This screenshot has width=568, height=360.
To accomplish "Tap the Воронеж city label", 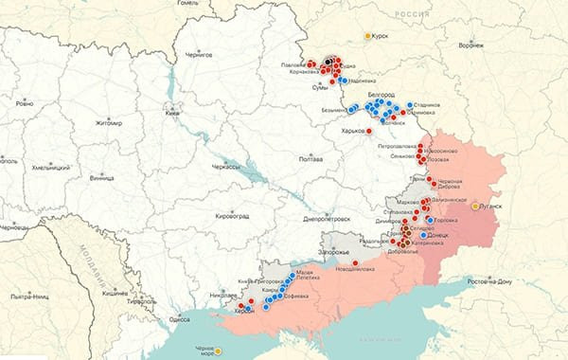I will (470, 45).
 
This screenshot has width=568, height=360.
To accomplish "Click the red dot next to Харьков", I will (369, 131).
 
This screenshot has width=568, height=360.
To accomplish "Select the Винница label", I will (101, 177).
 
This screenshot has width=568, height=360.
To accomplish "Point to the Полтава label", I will (311, 159).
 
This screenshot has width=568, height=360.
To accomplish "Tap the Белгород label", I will (380, 96).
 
